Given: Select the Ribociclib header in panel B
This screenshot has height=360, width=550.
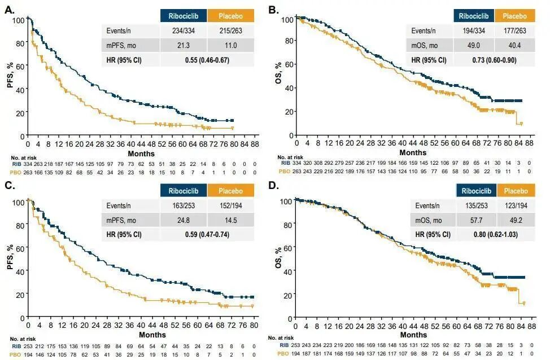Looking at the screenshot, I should pyautogui.click(x=473, y=16).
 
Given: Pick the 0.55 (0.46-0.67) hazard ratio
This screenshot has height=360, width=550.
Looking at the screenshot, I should pyautogui.click(x=207, y=60).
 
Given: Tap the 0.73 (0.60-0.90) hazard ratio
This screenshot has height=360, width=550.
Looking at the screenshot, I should pyautogui.click(x=495, y=60).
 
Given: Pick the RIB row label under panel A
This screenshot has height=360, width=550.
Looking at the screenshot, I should pyautogui.click(x=15, y=164).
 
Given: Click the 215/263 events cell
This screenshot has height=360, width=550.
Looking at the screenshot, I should pyautogui.click(x=231, y=31).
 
